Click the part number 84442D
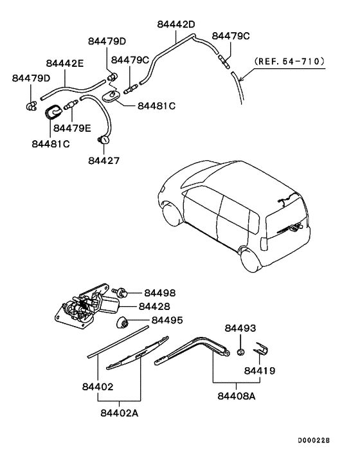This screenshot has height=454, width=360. [x=175, y=24]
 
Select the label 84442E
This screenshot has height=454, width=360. [x=64, y=63]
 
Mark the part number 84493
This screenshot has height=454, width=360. [x=240, y=329]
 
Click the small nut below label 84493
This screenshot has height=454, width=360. [x=240, y=351]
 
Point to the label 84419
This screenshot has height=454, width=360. [x=260, y=370]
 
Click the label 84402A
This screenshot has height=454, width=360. [x=120, y=413]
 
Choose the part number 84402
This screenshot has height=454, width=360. [x=98, y=386]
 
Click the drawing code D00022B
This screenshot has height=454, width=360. [x=312, y=440]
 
